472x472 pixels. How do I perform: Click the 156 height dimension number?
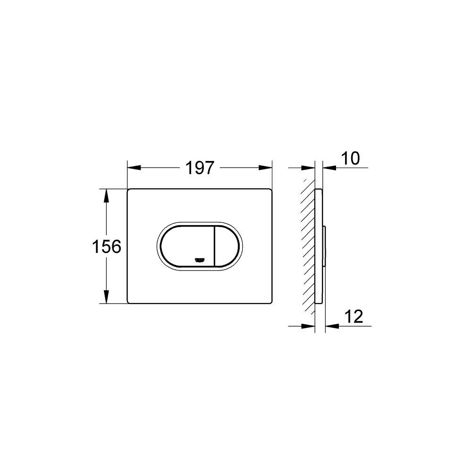pyautogui.click(x=107, y=246)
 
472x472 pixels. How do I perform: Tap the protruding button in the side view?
pyautogui.click(x=325, y=245)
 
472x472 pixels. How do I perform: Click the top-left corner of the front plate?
pyautogui.click(x=129, y=190)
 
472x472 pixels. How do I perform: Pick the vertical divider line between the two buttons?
pyautogui.click(x=215, y=246)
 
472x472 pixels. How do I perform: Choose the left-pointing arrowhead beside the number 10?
pyautogui.click(x=330, y=168)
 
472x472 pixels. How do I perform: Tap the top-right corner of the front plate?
pyautogui.click(x=271, y=190)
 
